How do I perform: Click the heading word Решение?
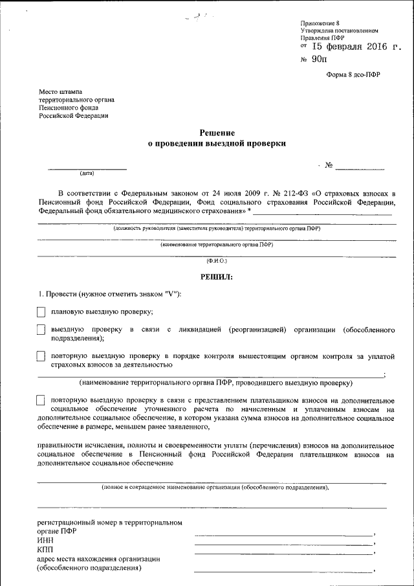click(217, 132)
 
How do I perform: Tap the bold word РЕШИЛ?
click(217, 276)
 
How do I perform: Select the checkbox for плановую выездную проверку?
click(41, 311)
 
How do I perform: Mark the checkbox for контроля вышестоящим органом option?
click(41, 356)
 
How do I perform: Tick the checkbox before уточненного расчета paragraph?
click(41, 400)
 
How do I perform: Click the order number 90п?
click(320, 60)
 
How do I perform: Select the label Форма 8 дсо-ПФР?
click(353, 74)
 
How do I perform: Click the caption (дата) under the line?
click(87, 174)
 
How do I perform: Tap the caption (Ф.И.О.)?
click(217, 260)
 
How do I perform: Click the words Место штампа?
click(60, 92)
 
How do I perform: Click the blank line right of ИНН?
click(283, 544)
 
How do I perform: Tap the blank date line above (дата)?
click(87, 168)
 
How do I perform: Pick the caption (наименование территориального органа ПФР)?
click(217, 245)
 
